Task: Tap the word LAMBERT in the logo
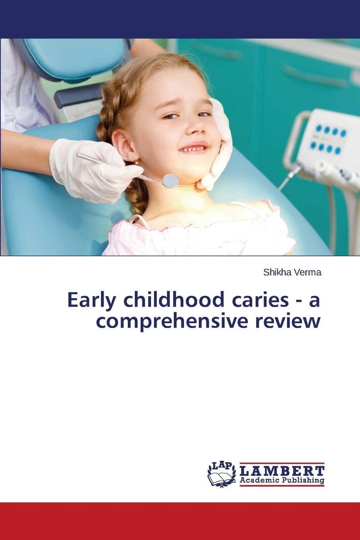coord(282,471)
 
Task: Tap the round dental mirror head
coord(171,181)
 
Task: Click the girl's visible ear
coord(124,145)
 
